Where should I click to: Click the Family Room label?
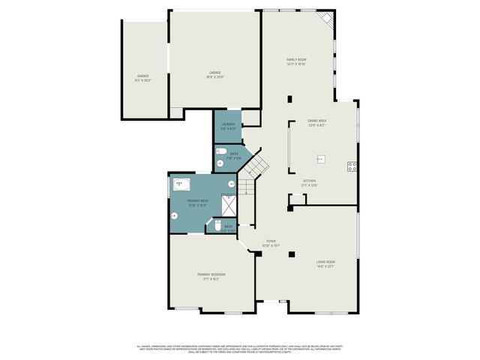(x=296, y=61)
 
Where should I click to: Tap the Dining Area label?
(x=316, y=123)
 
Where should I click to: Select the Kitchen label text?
(x=309, y=182)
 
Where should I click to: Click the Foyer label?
(x=270, y=243)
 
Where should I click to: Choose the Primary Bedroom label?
(x=211, y=276)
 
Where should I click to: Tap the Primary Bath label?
(x=197, y=202)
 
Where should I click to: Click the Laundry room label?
(x=228, y=126)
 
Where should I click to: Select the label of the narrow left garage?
(x=142, y=77)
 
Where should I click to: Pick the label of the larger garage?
(x=214, y=73)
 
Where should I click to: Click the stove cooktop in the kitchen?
(x=351, y=166)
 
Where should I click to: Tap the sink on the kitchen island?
(x=319, y=158)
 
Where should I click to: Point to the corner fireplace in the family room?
(x=325, y=18)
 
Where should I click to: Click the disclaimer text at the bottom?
(x=240, y=348)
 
